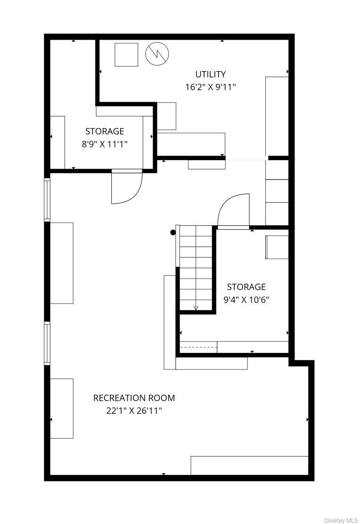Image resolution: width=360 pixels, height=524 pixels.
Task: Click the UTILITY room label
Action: tap(210, 74)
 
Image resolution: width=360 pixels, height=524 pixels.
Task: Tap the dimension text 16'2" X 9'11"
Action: tap(211, 87)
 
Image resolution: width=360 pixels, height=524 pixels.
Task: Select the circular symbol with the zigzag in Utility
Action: tap(157, 54)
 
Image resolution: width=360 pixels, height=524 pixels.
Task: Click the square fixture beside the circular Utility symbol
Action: tap(126, 55)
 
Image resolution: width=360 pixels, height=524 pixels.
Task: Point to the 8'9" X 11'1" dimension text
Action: tap(105, 144)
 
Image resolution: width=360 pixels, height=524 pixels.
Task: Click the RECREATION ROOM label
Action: tap(134, 398)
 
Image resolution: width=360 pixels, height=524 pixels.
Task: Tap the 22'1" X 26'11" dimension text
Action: tap(134, 411)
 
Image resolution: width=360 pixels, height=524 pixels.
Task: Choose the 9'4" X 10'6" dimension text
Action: tap(246, 300)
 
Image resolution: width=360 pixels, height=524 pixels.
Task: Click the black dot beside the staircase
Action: tap(173, 233)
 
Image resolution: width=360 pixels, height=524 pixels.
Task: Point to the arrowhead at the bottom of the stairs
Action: tap(196, 309)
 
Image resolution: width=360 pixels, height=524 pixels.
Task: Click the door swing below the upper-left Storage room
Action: tap(127, 187)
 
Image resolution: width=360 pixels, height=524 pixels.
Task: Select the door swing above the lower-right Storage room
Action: tap(234, 211)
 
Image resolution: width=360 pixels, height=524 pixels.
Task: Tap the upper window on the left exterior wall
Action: tap(47, 199)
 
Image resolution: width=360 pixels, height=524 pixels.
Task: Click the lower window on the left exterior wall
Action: tap(47, 343)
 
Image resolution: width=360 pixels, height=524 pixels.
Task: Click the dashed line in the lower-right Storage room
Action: tap(198, 348)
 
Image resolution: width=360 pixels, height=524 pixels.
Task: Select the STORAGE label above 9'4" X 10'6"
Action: tap(246, 287)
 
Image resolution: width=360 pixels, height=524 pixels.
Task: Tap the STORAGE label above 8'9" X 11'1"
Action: tap(105, 131)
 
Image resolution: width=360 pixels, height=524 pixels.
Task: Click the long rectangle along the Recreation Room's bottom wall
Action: tap(249, 466)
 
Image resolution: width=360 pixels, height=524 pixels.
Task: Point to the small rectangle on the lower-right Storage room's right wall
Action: tap(277, 247)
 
